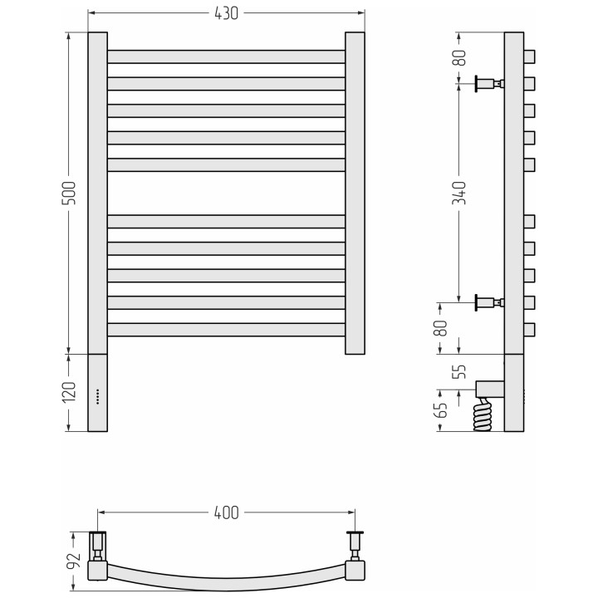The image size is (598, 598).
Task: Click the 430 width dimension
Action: click(226, 13)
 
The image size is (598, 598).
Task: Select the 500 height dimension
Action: click(69, 193)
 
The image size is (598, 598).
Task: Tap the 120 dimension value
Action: click(69, 392)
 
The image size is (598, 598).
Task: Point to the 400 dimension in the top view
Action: click(226, 513)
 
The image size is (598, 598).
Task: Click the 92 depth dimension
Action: click(74, 561)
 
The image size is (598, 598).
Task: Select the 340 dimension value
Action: click(458, 193)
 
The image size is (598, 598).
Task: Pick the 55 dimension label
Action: click(458, 371)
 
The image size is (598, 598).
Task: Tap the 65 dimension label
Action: click(441, 410)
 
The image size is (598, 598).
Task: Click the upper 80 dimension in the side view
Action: click(458, 58)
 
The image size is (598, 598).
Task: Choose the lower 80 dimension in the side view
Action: click(441, 328)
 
